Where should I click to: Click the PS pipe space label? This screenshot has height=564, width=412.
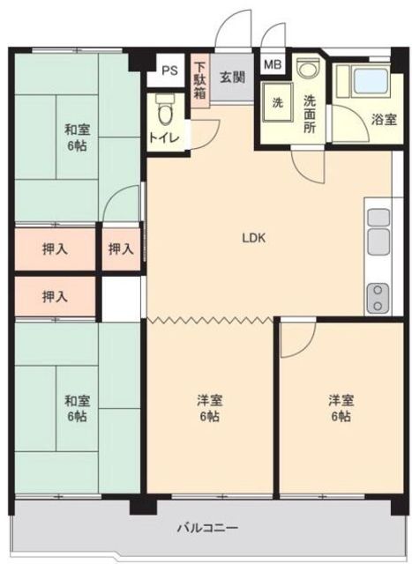coord(169,70)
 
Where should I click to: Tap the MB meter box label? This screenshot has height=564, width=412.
coord(273,64)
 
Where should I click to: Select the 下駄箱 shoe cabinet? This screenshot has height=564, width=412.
coord(200,81)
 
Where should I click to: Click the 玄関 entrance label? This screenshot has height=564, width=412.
coord(233,78)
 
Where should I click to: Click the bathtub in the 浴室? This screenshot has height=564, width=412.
coord(371,81)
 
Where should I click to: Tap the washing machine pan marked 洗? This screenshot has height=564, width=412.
coord(277,103)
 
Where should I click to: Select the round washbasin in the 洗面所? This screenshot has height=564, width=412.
coord(308,67)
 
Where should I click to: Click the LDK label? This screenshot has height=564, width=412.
coord(254,238)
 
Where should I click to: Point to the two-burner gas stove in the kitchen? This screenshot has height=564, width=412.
coord(378,298)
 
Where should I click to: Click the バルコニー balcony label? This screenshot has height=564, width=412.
coord(208,528)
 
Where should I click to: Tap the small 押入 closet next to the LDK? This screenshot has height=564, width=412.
coord(121,249)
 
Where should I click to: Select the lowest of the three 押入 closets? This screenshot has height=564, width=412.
coord(55,297)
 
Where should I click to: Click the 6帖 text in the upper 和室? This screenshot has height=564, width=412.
coord(77,145)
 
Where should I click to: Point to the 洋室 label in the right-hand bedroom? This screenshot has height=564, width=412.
coord(341,400)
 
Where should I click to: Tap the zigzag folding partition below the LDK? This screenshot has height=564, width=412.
coord(210,319)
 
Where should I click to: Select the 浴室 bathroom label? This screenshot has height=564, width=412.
coord(384,120)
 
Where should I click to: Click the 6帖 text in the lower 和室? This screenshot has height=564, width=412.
coord(77,416)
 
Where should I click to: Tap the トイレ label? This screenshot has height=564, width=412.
coord(164,137)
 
